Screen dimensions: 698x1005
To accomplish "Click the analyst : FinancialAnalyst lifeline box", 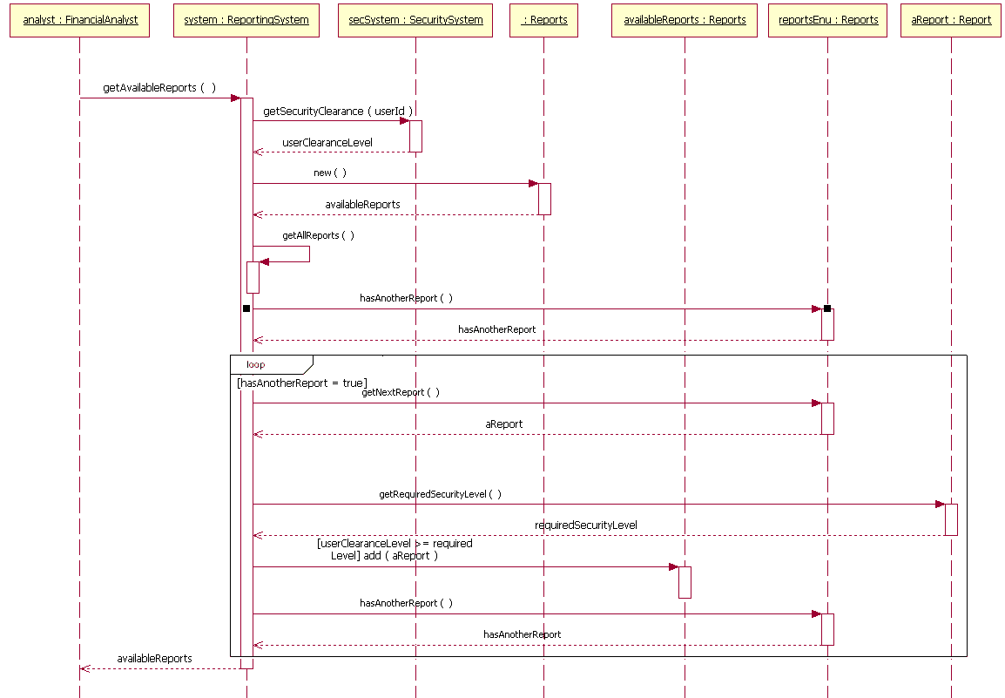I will click(80, 20).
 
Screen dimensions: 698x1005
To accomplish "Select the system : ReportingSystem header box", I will click(246, 20).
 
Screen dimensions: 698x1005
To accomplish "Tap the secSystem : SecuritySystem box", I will click(415, 20).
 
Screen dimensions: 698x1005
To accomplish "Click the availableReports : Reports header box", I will click(685, 20).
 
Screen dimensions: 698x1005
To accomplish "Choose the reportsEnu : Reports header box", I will click(828, 20).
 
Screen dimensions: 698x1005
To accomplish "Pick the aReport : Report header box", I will click(951, 20).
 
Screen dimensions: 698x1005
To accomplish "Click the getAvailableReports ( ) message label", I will click(159, 88).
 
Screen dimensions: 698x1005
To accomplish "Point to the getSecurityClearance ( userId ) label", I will click(338, 112).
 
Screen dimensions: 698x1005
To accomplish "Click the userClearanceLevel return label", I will click(327, 143).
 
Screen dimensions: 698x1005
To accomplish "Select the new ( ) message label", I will click(330, 173).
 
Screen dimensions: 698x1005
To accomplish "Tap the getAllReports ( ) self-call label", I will click(318, 236).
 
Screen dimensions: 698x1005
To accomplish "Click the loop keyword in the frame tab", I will click(256, 365).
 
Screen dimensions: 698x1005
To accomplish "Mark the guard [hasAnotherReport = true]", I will click(302, 383).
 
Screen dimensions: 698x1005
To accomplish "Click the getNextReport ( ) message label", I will click(401, 393).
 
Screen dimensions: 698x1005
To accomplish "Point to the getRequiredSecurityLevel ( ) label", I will click(440, 494).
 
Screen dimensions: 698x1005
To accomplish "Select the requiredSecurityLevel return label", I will click(585, 525).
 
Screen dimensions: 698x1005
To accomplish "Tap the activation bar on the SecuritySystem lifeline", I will click(416, 136).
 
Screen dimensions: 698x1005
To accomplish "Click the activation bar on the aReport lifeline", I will click(951, 519).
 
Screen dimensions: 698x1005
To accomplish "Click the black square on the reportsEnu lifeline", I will click(827, 308).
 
